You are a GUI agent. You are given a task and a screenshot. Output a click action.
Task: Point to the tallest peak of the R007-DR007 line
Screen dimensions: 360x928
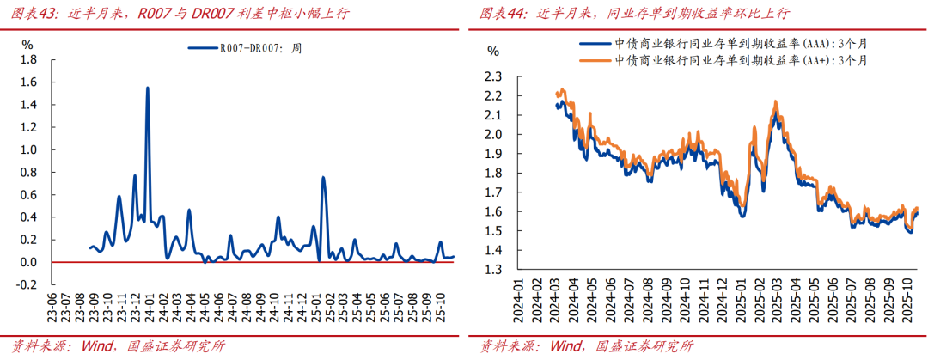tap(148, 88)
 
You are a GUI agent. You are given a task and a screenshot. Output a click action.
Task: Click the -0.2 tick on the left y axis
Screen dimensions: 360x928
tap(25, 284)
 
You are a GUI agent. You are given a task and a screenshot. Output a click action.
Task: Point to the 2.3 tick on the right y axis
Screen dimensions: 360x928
tap(492, 76)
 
